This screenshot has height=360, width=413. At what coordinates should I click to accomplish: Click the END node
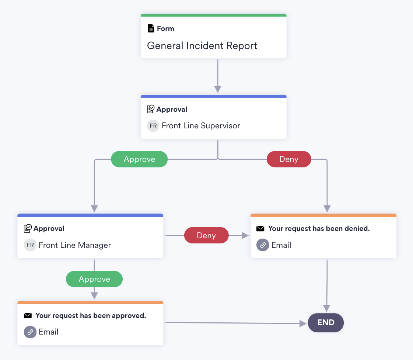pos(326,323)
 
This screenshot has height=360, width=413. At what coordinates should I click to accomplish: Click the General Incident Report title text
pos(202,46)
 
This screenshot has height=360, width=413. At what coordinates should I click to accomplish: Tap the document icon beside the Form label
pos(151,28)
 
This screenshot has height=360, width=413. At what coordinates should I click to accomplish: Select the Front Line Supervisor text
pos(201,126)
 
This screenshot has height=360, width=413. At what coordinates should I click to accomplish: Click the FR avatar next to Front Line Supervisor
pos(153,126)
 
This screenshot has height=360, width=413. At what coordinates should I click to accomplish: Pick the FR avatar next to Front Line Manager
pos(30,245)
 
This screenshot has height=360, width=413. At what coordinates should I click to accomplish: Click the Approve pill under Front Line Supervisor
pos(139,159)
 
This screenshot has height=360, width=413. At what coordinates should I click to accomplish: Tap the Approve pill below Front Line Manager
pos(94,279)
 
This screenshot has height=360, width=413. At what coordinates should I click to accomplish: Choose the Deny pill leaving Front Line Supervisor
pos(289,159)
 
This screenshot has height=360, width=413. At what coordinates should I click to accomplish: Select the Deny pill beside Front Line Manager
pos(206,235)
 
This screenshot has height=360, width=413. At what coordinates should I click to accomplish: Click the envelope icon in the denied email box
pos(260,229)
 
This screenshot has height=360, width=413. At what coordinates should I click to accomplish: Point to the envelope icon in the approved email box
pos(28,316)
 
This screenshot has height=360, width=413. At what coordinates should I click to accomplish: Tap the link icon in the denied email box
pos(263,245)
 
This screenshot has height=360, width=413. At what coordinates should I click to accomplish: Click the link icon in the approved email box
pos(30,332)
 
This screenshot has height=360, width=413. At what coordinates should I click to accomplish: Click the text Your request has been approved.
pos(91,316)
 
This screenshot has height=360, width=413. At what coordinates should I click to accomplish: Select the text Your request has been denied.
pos(319,229)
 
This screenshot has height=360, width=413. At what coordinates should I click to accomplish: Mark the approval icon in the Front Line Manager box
pos(28,228)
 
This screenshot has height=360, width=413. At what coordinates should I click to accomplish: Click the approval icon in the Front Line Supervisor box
pos(151,109)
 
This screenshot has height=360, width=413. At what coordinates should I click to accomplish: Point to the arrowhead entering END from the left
pos(303,323)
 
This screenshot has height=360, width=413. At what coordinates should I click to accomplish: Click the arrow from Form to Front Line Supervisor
pos(218,76)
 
